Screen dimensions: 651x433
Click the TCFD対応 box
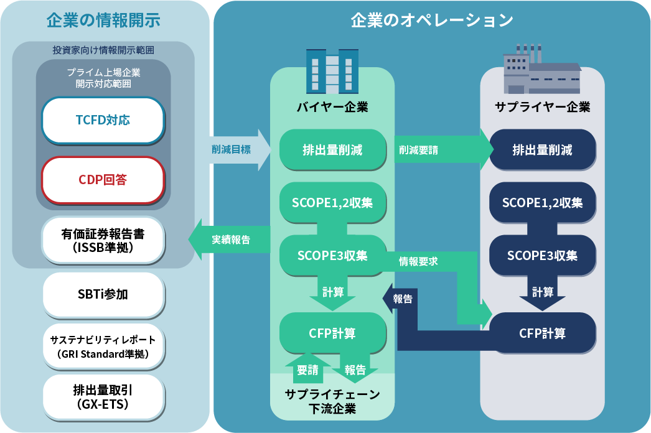coord(103,121)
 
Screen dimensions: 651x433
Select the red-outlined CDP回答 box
coord(103,180)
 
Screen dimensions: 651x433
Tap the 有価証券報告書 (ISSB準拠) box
coord(103,240)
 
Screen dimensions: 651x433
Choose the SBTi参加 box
coord(103,294)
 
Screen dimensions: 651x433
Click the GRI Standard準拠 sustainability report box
coord(103,347)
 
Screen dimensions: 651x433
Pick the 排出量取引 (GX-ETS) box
coord(103,398)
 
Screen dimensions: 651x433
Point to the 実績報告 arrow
coord(230,240)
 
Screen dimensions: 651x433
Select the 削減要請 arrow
coord(444,150)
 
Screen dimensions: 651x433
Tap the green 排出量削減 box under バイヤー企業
coord(332,149)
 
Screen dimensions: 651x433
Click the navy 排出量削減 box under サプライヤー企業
coord(543,149)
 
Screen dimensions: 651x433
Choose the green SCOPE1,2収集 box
coord(332,203)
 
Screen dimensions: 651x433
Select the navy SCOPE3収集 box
coord(543,255)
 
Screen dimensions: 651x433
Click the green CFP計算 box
coord(332,333)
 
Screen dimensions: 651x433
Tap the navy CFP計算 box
coord(543,333)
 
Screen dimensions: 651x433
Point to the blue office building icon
coord(332,71)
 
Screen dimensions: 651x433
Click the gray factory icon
coord(542,69)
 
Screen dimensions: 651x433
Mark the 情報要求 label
coord(418,261)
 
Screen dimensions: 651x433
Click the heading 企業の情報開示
coord(103,20)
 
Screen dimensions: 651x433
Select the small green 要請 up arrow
coord(307,369)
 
